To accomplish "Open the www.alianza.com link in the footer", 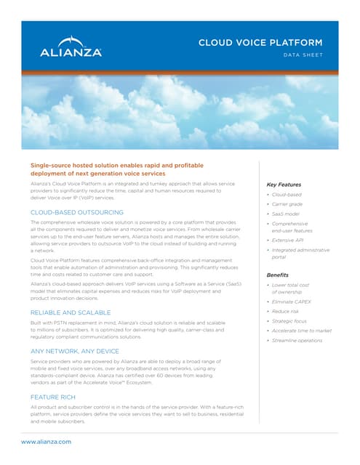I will (x=46, y=442).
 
